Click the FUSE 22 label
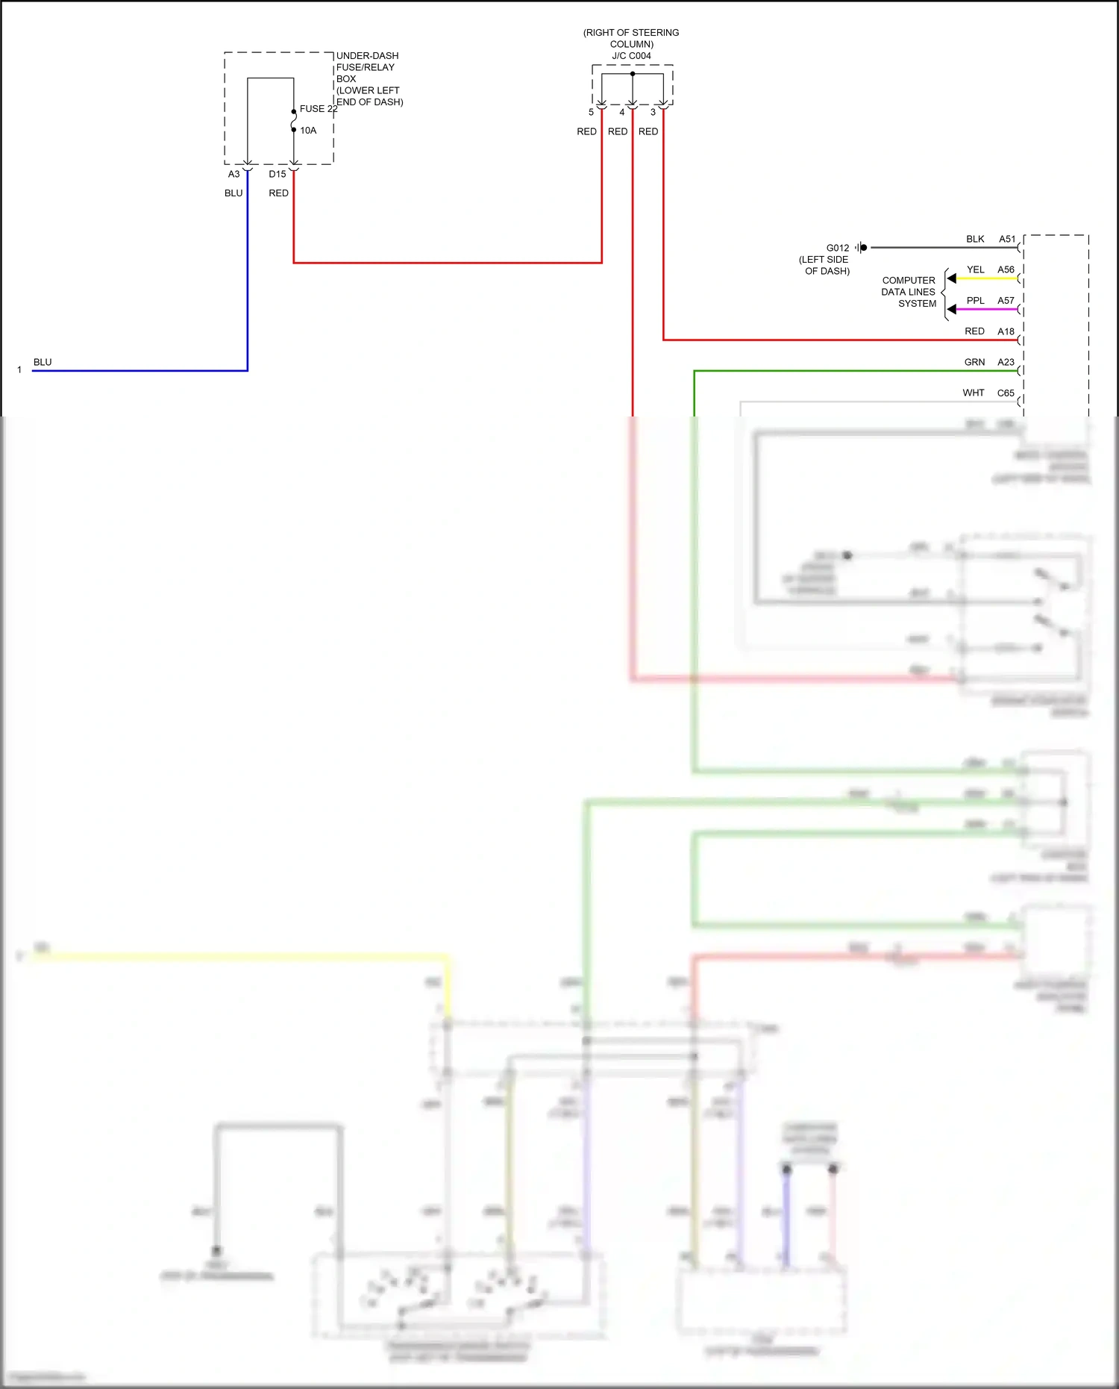click(x=318, y=109)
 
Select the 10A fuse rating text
click(x=308, y=131)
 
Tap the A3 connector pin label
click(x=233, y=174)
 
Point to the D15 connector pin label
click(x=277, y=174)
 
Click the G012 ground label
click(x=837, y=248)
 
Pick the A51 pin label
click(x=1007, y=239)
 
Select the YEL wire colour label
click(x=975, y=269)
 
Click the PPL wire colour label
click(x=975, y=301)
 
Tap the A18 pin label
click(x=1006, y=331)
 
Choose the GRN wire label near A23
click(x=974, y=362)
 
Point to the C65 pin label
click(x=1006, y=393)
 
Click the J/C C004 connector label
click(x=631, y=56)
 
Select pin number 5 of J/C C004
click(x=591, y=113)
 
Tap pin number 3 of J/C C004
click(x=653, y=113)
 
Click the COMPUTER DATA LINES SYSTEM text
click(x=908, y=292)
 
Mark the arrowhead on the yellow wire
click(x=952, y=278)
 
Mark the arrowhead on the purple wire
click(x=952, y=309)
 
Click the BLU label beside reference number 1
click(x=43, y=362)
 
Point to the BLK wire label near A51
click(x=975, y=239)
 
